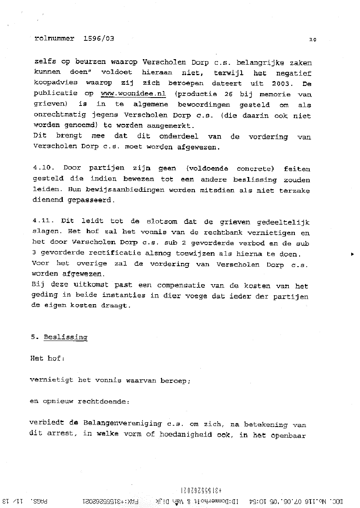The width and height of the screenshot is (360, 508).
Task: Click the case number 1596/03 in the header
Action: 99,38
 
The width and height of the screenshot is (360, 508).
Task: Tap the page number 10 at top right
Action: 312,39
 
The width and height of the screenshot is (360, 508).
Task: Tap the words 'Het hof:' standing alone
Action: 47,358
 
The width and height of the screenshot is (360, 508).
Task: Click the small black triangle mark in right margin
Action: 352,253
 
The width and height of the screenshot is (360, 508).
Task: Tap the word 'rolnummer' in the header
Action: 54,38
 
